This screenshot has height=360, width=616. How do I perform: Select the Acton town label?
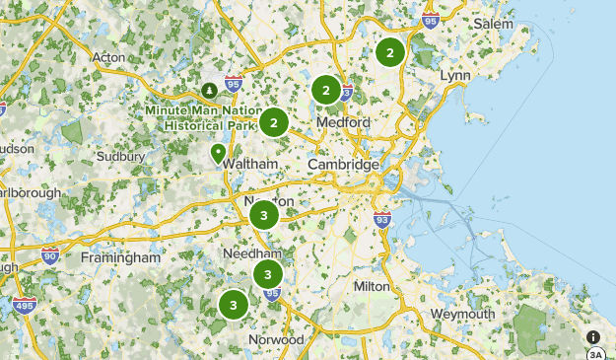[108, 57]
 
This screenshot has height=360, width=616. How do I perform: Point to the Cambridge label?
[343, 165]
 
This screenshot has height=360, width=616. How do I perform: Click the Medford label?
[343, 122]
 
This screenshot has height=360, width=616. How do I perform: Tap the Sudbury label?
[122, 156]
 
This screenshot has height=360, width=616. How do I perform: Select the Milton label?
[373, 285]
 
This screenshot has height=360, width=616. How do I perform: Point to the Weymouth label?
[462, 314]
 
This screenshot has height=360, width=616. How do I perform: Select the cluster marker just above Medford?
[325, 91]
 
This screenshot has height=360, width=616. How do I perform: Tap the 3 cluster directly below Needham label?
[267, 274]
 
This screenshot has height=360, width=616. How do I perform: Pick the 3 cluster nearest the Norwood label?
[234, 305]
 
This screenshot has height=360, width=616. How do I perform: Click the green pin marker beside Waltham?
[218, 153]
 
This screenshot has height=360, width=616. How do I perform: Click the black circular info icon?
[592, 337]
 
